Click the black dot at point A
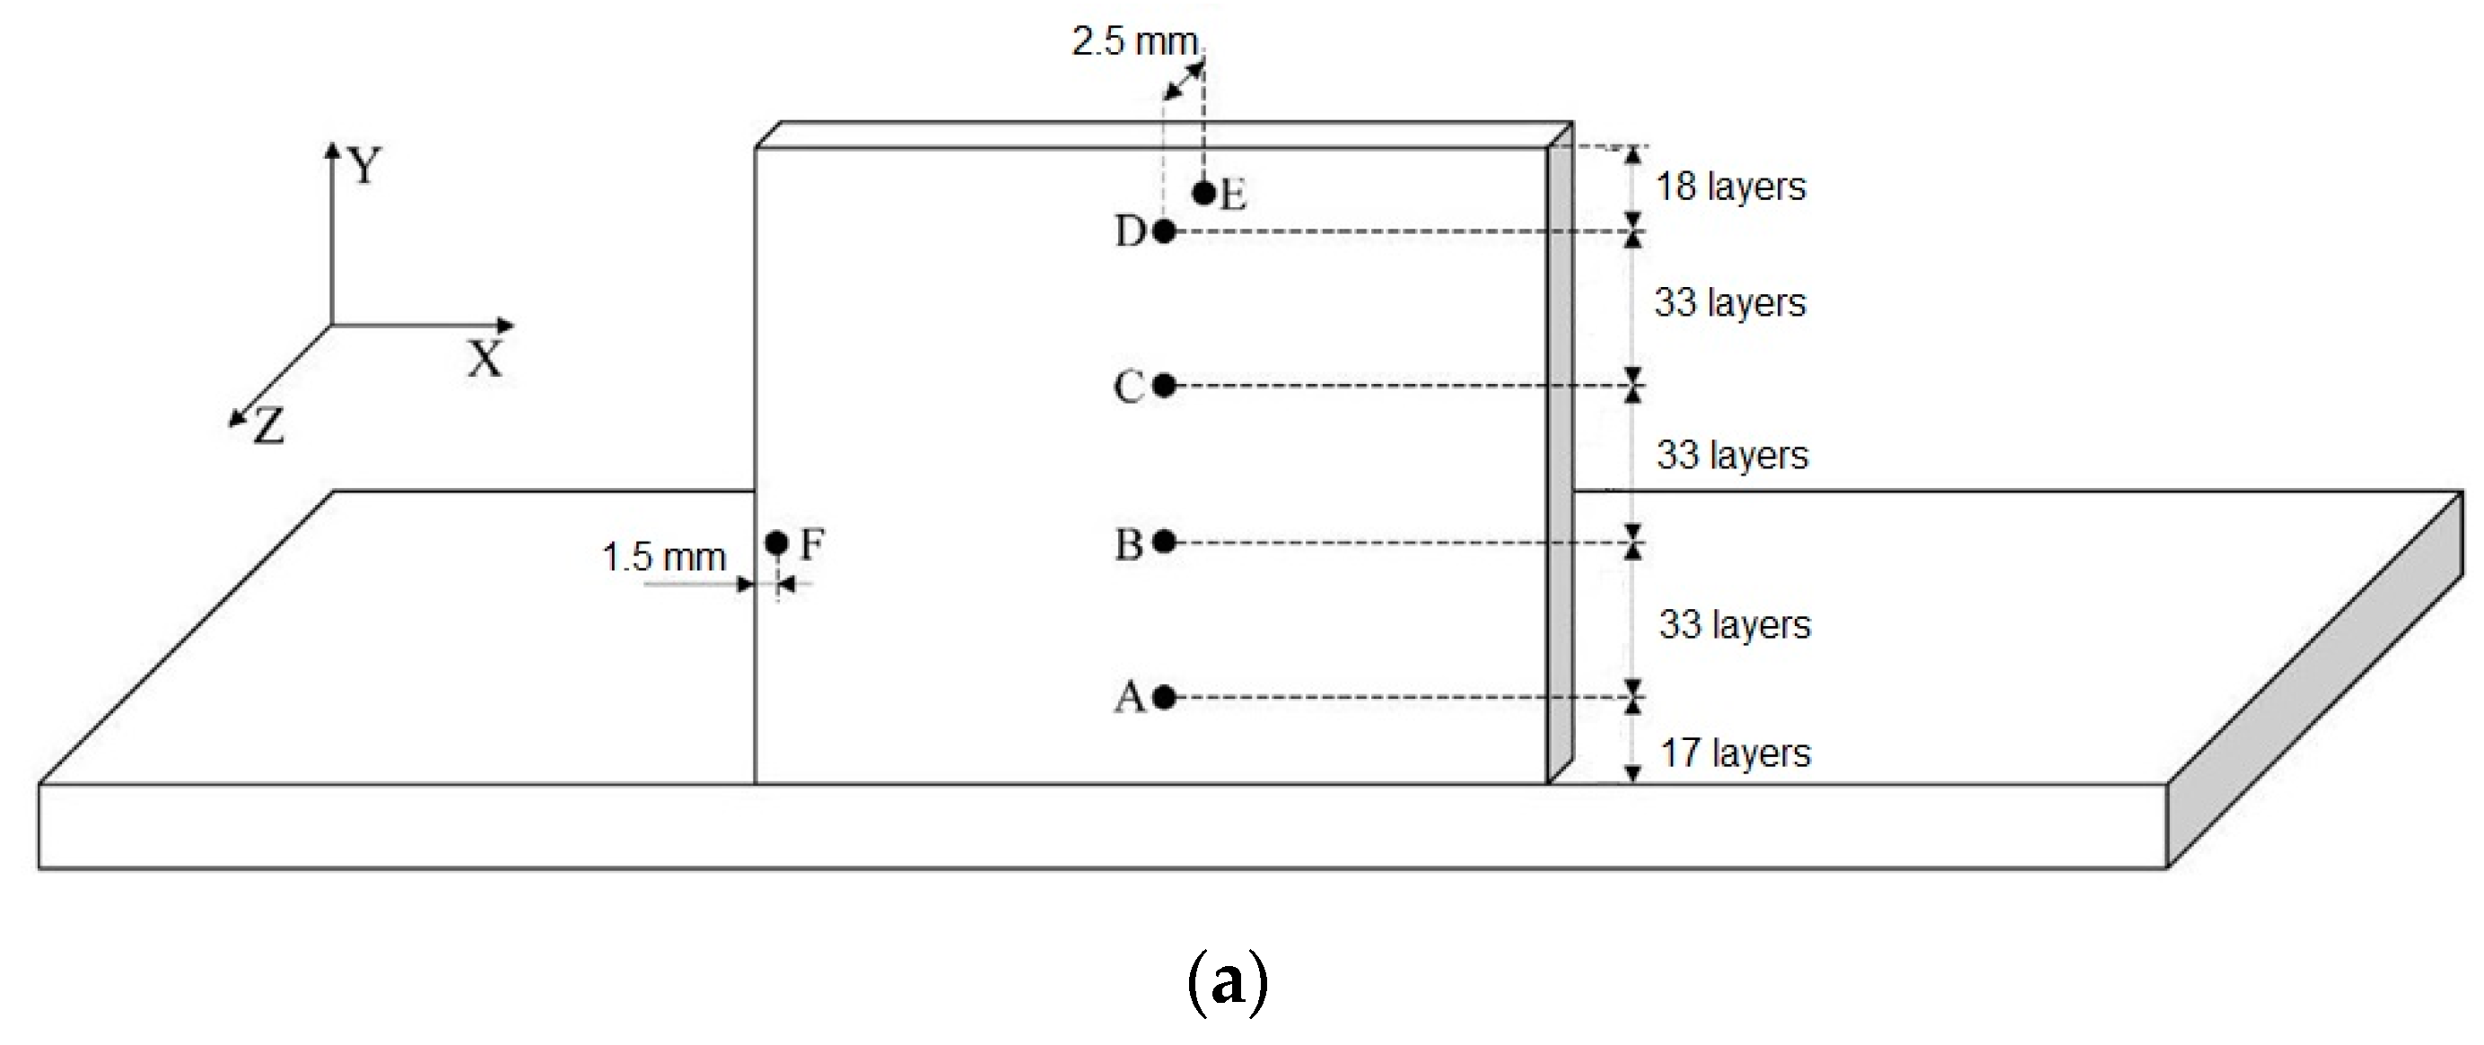point(1164,696)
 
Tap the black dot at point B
point(1164,542)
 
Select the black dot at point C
point(1164,386)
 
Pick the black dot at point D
point(1164,231)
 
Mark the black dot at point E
point(1203,193)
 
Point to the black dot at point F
point(777,543)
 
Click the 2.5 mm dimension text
point(1135,41)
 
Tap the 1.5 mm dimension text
point(663,557)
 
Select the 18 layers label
point(1730,186)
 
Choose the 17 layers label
point(1735,753)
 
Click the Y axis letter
point(365,166)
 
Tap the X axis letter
point(485,361)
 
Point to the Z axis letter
point(269,426)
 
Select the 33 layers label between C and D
point(1730,302)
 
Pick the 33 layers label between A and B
point(1735,624)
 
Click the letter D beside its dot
point(1130,231)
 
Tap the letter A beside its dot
point(1129,696)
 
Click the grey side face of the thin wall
point(1561,463)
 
